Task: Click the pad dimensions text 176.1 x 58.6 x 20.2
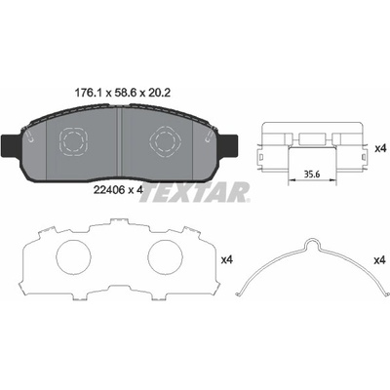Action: (123, 94)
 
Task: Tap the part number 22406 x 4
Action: (118, 190)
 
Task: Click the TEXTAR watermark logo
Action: (195, 193)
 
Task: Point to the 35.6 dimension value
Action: (312, 174)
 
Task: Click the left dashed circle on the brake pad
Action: (74, 141)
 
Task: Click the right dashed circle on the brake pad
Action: (166, 141)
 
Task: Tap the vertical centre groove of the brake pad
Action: (119, 144)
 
